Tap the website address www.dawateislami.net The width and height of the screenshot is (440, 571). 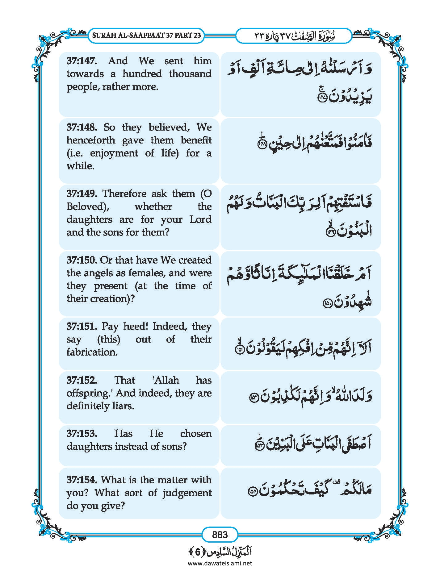[x=220, y=563]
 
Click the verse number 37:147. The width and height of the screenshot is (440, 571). [x=82, y=61]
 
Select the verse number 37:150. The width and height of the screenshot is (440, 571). [x=82, y=260]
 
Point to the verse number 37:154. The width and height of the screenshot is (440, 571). [x=82, y=480]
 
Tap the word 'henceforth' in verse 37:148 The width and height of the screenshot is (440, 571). [x=91, y=140]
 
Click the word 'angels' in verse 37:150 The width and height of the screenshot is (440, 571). [x=98, y=273]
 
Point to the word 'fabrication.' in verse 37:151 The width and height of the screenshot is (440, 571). [x=92, y=352]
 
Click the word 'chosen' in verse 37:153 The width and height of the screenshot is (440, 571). [x=196, y=434]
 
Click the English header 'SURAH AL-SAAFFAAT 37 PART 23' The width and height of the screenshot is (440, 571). [x=146, y=35]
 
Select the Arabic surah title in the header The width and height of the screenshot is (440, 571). [x=312, y=36]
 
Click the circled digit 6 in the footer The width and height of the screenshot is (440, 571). [x=198, y=552]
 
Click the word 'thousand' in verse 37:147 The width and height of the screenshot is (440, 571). [x=190, y=74]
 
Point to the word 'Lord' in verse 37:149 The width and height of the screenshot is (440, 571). [x=200, y=219]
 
